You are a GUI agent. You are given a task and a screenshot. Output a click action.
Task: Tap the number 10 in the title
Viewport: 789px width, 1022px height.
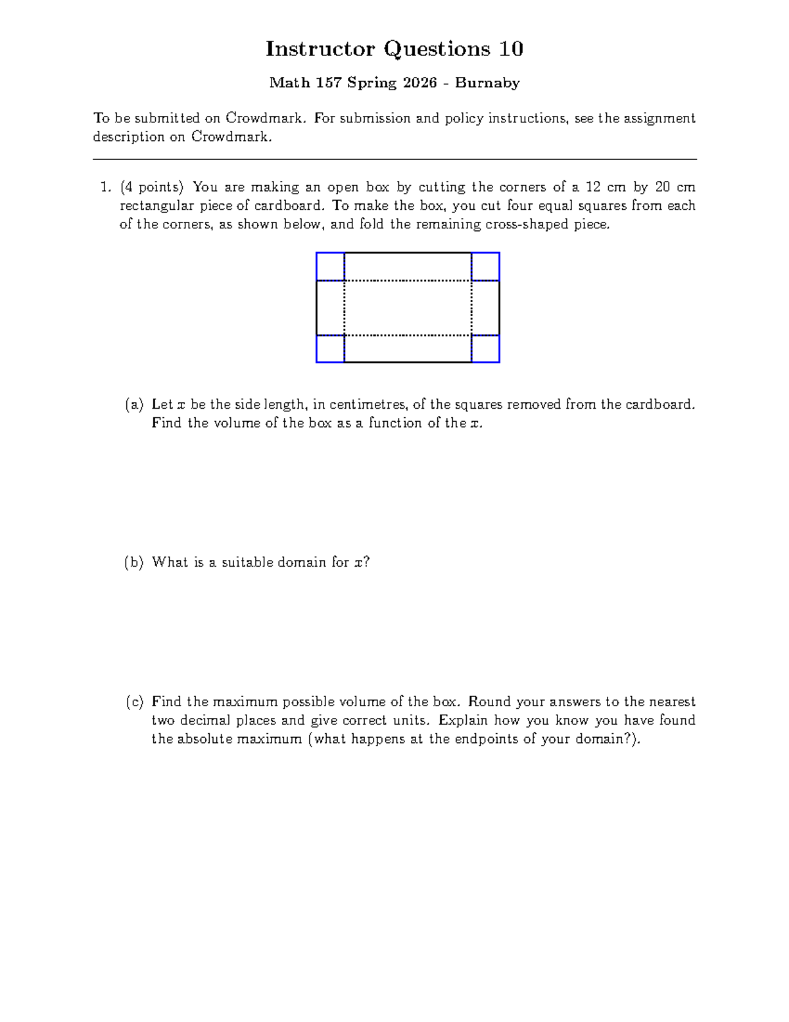(510, 49)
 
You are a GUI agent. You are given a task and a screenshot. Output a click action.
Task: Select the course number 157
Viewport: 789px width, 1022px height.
(327, 83)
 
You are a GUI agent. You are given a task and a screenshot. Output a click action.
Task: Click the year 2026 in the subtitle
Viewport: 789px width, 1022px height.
(420, 83)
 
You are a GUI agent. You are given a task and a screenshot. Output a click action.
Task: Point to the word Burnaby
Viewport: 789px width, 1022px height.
(487, 83)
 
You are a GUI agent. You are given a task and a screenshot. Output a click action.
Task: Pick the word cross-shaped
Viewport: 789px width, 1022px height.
(527, 224)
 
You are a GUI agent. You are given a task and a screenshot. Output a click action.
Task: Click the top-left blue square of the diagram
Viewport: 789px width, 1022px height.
(330, 267)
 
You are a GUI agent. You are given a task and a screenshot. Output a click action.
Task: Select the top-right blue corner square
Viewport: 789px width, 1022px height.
(486, 267)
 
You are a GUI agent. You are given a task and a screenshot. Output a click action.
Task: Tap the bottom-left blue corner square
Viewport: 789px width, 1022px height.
(330, 349)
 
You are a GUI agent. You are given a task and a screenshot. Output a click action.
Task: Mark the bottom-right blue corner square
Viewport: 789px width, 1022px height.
(486, 349)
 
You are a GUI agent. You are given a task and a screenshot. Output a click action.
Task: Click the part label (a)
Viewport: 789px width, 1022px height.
(134, 405)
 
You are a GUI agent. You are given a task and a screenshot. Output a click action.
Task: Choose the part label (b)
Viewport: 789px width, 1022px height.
(134, 563)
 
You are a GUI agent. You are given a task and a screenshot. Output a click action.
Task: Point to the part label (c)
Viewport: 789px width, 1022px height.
(134, 702)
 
